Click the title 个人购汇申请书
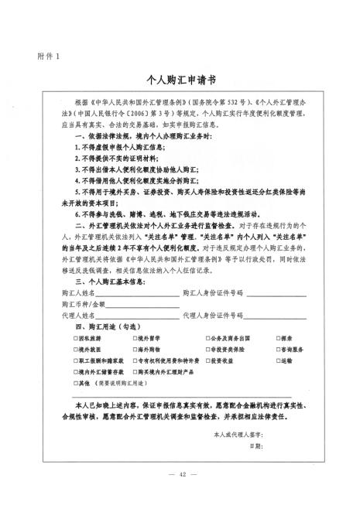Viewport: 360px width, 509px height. point(180,80)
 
